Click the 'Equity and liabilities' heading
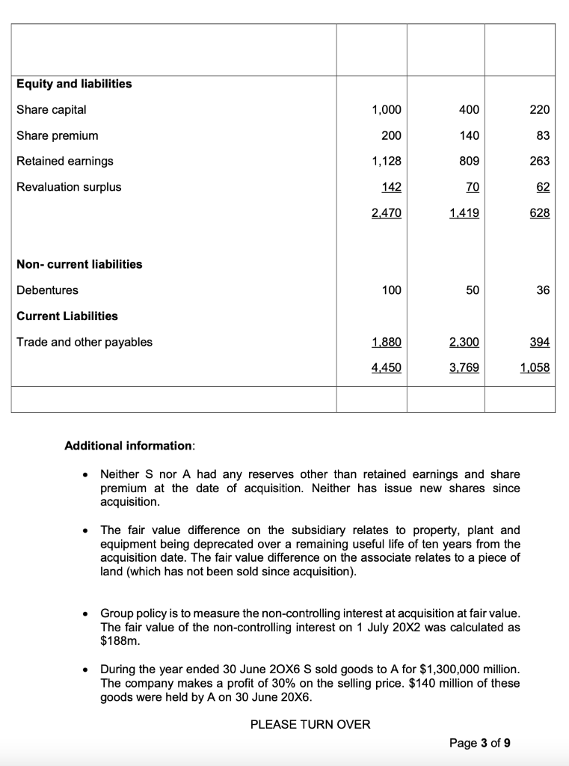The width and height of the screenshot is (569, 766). (x=74, y=84)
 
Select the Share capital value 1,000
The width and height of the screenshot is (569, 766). (x=386, y=110)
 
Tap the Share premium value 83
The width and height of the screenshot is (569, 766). (x=543, y=135)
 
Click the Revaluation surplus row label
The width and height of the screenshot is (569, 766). (x=69, y=187)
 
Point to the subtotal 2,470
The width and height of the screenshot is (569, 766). (x=386, y=213)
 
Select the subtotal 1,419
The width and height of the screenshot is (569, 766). (x=464, y=213)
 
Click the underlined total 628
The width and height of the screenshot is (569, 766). (x=540, y=213)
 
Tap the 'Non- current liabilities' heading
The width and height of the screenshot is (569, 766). (x=79, y=264)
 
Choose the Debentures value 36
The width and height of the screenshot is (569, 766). (x=542, y=290)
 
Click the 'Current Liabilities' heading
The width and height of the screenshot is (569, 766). (x=67, y=316)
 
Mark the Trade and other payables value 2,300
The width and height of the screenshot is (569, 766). (x=464, y=343)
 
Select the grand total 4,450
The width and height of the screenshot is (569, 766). (x=386, y=368)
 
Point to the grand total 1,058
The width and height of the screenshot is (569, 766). (x=535, y=368)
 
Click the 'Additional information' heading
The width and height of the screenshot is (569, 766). (x=129, y=446)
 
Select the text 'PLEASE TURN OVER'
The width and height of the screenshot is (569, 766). (x=310, y=724)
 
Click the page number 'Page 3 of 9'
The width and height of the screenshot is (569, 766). (x=480, y=743)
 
